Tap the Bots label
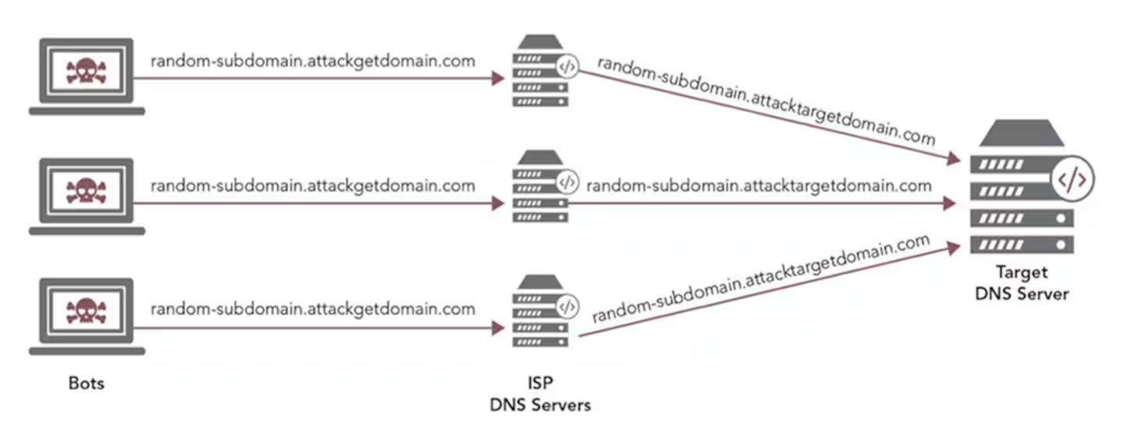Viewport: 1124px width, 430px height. (86, 383)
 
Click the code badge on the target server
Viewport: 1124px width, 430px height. (1071, 180)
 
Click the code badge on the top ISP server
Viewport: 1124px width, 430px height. (567, 68)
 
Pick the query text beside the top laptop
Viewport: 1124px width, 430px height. (312, 61)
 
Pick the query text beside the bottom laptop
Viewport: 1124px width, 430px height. (312, 308)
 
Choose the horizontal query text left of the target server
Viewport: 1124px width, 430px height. (759, 186)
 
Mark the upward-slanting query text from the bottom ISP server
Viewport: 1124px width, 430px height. (761, 279)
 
